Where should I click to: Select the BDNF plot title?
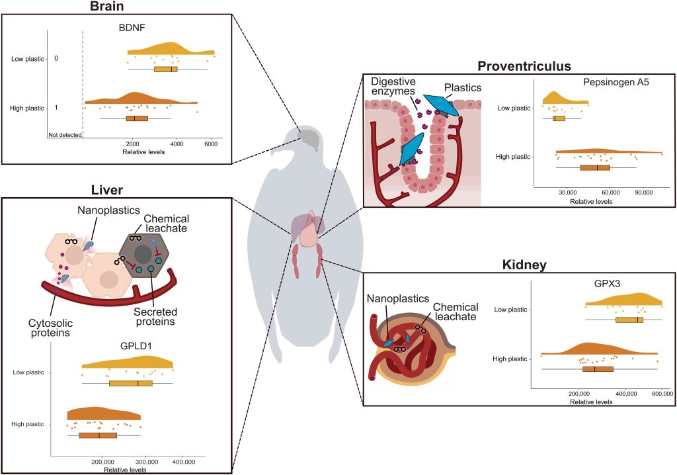(132, 29)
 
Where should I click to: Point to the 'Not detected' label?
(65, 135)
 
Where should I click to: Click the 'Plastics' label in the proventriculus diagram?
(462, 87)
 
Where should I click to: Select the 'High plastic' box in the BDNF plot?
(137, 118)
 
